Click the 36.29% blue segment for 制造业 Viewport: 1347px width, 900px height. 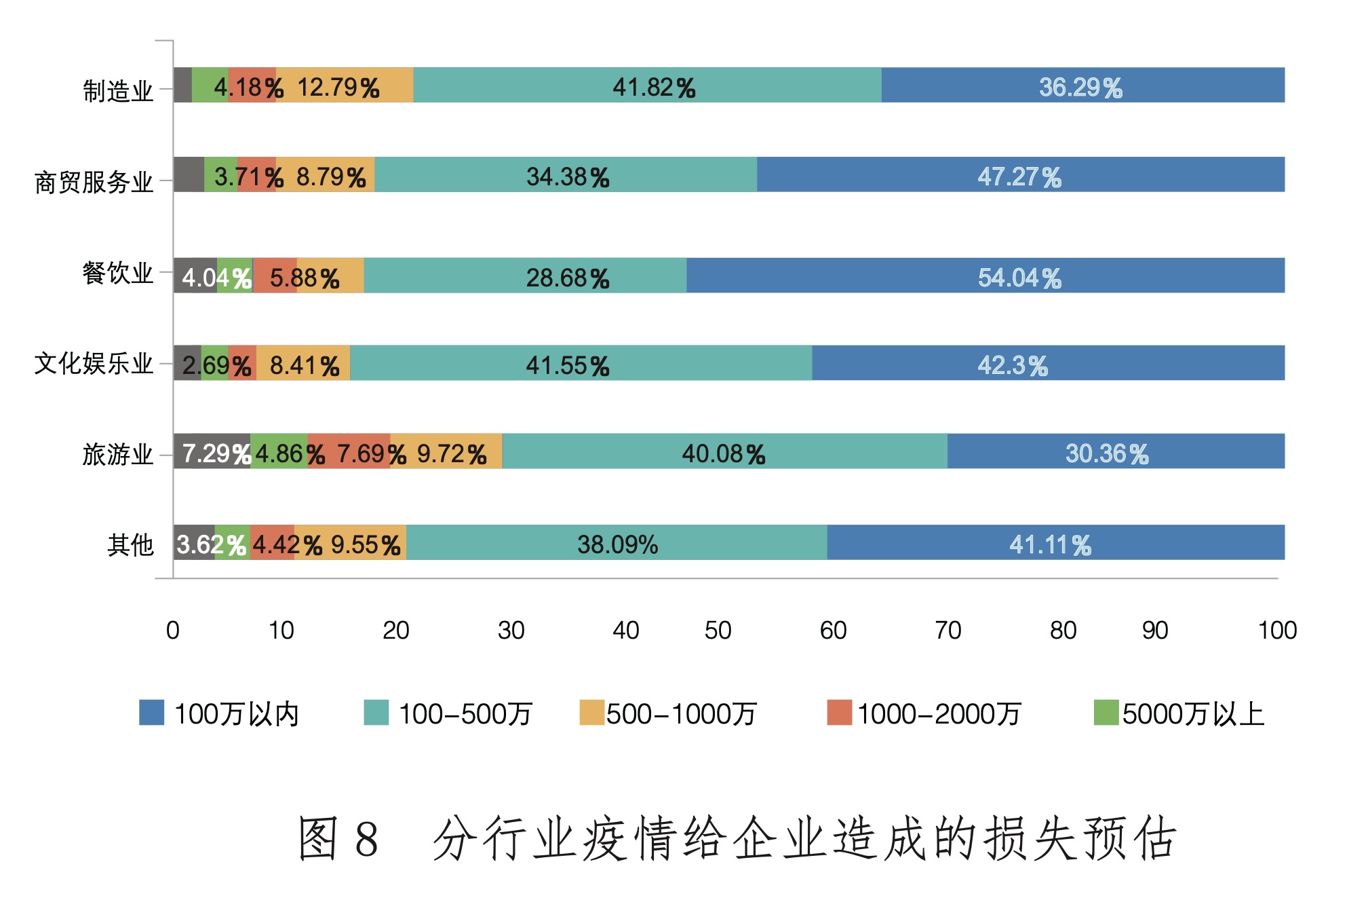1082,86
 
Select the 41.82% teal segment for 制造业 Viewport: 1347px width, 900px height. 647,86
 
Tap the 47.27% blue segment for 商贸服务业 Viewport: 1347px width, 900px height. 1020,175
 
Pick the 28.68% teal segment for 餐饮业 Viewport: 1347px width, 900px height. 525,276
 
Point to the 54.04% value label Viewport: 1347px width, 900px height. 1019,278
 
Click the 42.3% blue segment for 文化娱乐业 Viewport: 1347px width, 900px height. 1048,363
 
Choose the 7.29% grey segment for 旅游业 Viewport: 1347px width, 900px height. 212,451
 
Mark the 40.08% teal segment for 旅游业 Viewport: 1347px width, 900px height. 724,451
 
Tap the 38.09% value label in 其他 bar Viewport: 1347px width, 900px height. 617,544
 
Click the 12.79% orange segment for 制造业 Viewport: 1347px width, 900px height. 345,86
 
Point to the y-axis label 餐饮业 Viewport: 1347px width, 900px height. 117,273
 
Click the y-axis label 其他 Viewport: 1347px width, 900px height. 130,544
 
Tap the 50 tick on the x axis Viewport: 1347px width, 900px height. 718,631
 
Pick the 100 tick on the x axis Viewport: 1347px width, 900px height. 1276,631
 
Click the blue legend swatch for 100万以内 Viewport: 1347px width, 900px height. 151,713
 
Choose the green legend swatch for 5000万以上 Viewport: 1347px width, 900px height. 1106,713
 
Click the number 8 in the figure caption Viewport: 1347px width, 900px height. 366,839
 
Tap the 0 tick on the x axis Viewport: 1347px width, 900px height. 173,631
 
